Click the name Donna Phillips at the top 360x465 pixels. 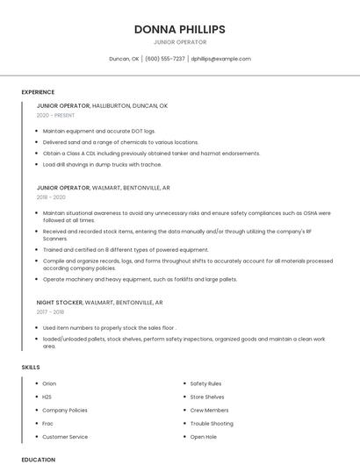[180, 29]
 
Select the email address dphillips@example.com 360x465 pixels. [221, 59]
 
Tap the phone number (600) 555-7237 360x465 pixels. [165, 59]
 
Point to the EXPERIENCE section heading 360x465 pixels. [38, 92]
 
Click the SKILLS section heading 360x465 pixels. [30, 367]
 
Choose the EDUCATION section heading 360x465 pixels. [39, 459]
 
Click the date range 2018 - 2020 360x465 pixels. [51, 197]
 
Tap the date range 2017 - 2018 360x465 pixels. [51, 311]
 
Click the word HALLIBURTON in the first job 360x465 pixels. [111, 105]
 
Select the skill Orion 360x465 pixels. [49, 383]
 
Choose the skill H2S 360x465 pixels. [47, 397]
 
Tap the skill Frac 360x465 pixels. [48, 423]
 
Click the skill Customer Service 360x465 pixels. [65, 436]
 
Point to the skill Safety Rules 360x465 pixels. [205, 383]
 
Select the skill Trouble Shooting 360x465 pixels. [212, 423]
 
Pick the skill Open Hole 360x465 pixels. [204, 436]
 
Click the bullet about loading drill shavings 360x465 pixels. [102, 164]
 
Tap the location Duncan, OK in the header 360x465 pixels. [124, 59]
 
